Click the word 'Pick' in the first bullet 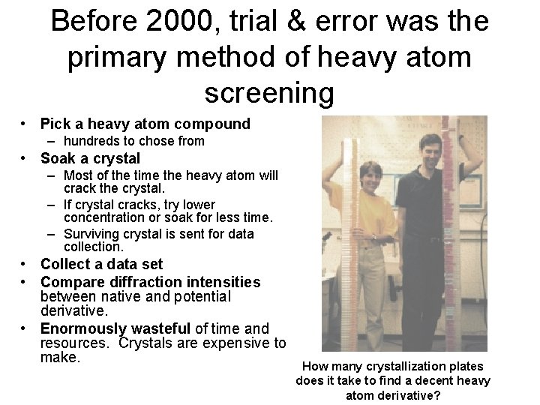(54, 123)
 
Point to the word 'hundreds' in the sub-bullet (88, 141)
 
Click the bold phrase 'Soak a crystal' (90, 158)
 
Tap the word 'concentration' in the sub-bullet (103, 217)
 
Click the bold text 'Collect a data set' (101, 264)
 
